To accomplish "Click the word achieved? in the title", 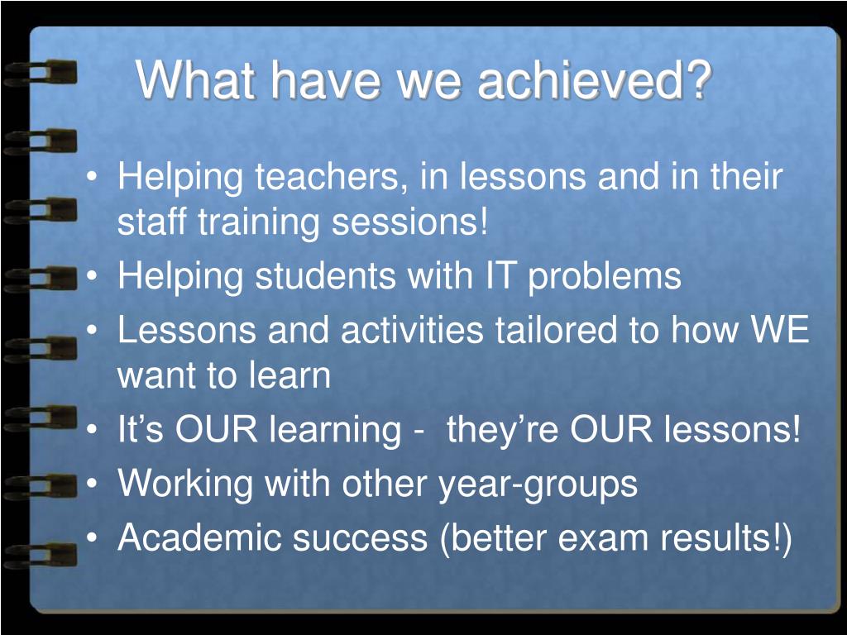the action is [x=595, y=80].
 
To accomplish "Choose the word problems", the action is [x=604, y=277].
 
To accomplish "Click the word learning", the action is [x=336, y=430].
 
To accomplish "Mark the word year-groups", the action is [x=538, y=484].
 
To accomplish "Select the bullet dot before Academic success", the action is [x=93, y=538].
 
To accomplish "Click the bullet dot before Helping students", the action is [x=93, y=276].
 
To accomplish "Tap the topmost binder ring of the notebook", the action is [x=40, y=74].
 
